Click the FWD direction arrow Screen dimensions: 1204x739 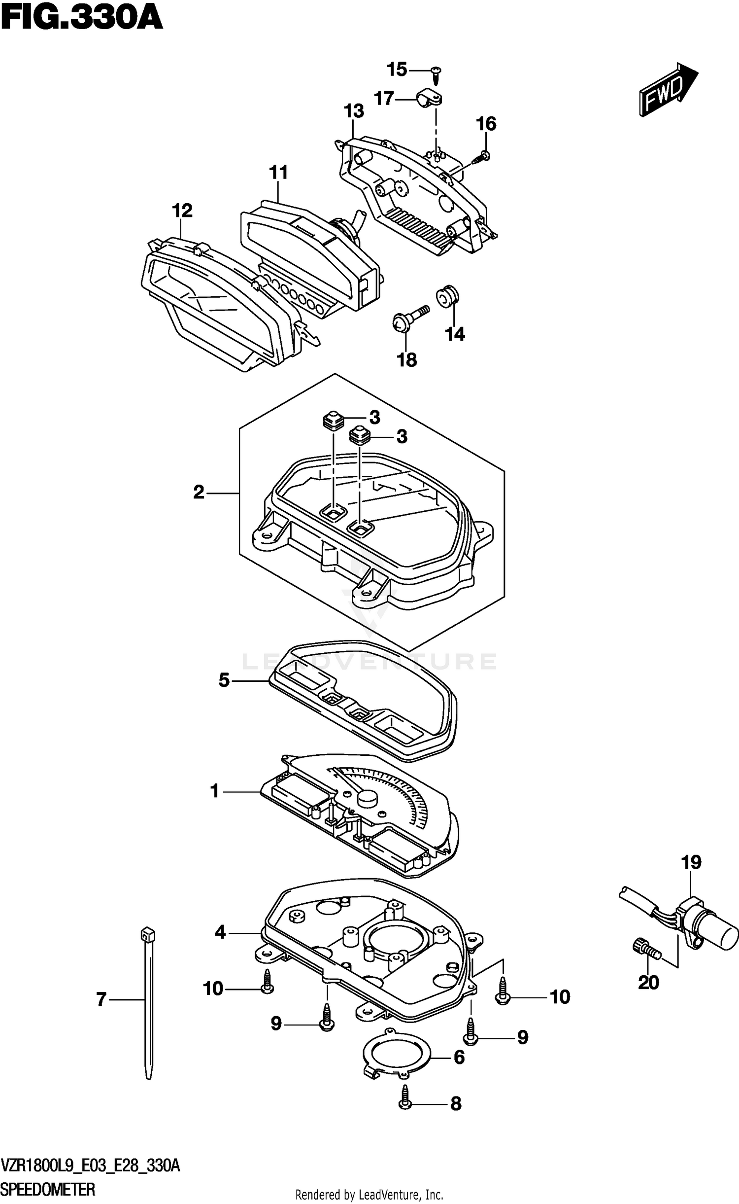pos(668,90)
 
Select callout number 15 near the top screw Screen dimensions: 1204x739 pos(397,70)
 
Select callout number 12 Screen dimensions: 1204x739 pos(182,211)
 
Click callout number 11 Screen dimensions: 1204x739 pos(278,173)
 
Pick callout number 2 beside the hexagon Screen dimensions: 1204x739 pos(199,492)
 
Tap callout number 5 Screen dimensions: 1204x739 pos(224,681)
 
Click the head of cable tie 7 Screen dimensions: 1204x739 pos(145,933)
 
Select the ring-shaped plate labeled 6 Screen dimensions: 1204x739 pos(397,1055)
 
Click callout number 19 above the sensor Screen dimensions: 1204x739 pos(691,862)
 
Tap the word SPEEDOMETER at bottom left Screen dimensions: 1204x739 pos(48,1189)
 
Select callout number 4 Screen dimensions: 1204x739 pos(220,932)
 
